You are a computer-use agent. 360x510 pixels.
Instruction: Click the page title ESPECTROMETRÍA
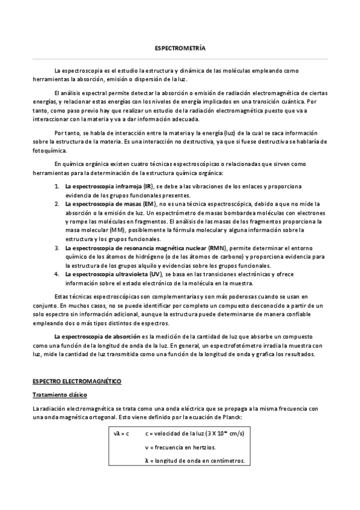[x=180, y=48]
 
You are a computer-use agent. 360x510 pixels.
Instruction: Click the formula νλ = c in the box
[x=121, y=434]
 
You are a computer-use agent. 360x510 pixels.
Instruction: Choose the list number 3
[x=56, y=247]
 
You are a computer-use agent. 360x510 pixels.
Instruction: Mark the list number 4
[x=56, y=274]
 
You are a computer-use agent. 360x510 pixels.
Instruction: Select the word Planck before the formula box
[x=232, y=417]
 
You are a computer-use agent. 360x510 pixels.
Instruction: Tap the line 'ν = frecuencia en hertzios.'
[x=181, y=447]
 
